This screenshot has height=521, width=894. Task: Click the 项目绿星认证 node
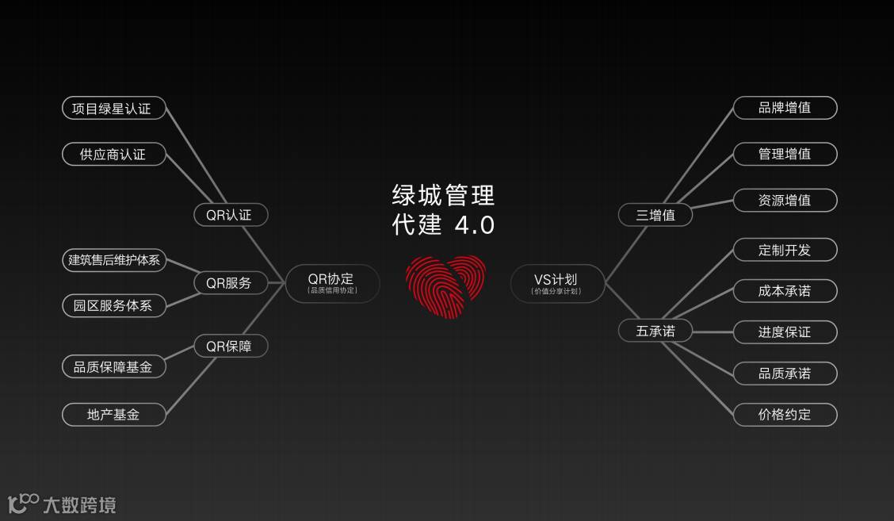[114, 108]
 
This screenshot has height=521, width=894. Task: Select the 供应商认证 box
[114, 154]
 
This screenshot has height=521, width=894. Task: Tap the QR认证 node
[231, 215]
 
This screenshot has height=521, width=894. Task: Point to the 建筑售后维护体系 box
[114, 260]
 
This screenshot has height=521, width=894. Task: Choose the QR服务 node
[231, 283]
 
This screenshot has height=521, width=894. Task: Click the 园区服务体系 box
[114, 305]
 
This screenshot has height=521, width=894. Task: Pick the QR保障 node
[231, 346]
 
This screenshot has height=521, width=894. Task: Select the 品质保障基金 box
[114, 366]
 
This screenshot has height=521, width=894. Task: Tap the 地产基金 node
[114, 414]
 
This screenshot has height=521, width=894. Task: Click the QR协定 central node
[332, 283]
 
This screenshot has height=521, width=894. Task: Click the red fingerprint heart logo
[446, 286]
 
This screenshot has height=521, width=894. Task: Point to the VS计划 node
[557, 283]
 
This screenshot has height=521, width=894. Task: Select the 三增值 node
[655, 215]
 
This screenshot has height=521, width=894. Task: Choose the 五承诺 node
[655, 331]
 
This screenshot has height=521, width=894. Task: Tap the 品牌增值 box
[785, 108]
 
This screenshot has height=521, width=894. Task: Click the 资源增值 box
[785, 201]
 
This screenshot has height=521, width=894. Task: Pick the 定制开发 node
[785, 250]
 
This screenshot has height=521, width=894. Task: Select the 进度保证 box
[785, 331]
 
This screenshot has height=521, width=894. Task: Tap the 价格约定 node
[785, 414]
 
